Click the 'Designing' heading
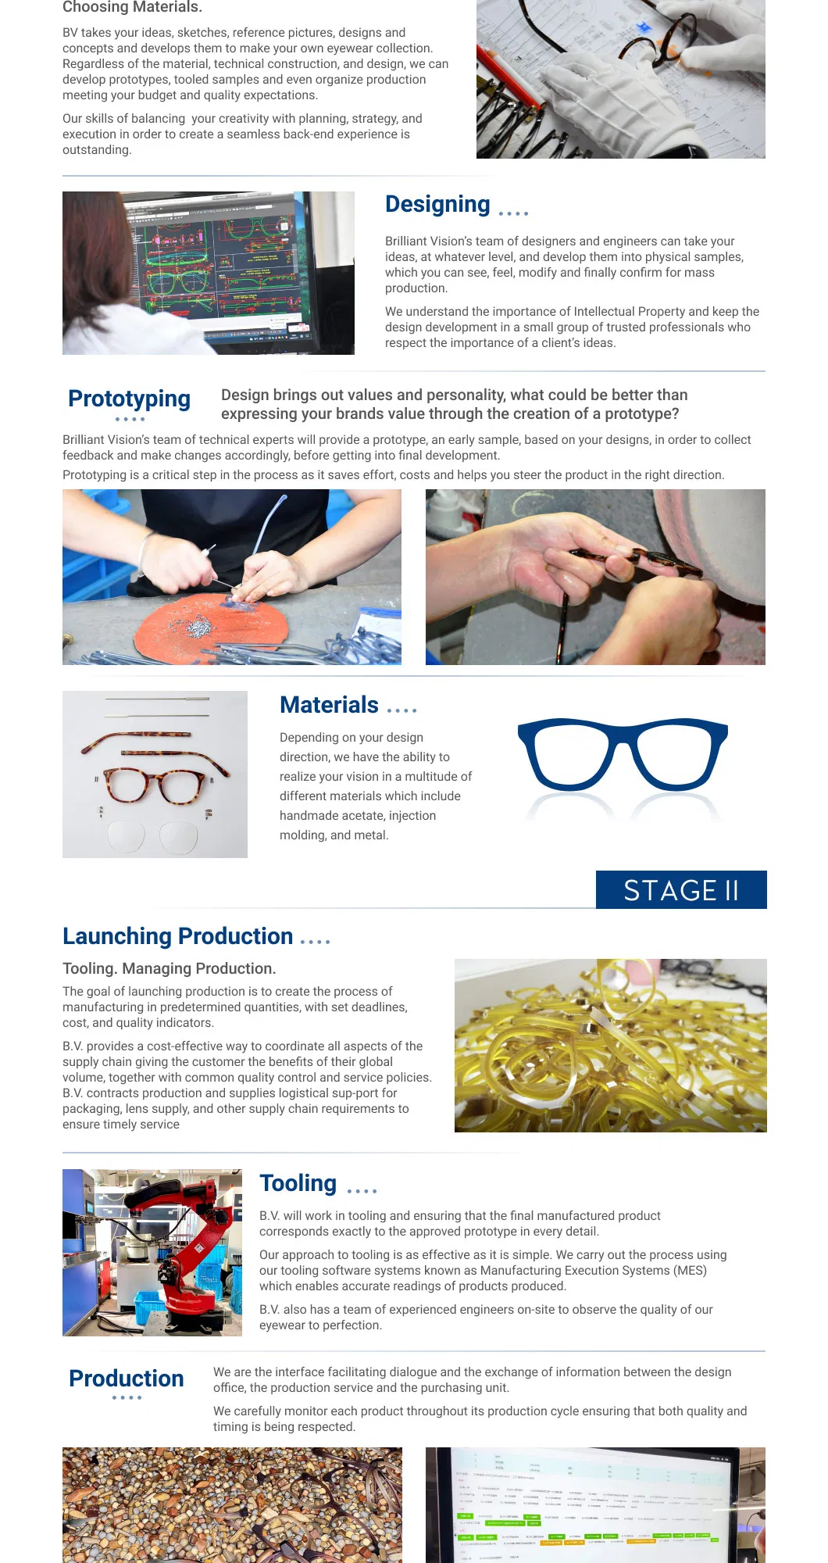(x=437, y=204)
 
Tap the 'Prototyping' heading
(x=129, y=399)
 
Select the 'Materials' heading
(x=329, y=705)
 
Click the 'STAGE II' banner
(x=681, y=890)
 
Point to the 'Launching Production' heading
(x=178, y=936)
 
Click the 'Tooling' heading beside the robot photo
(x=298, y=1183)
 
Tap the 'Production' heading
(x=127, y=1379)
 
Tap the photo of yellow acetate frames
(x=610, y=1046)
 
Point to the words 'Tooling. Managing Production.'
(x=170, y=968)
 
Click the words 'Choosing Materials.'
(x=132, y=8)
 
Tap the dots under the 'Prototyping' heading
(x=130, y=420)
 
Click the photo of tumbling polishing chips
(x=232, y=1504)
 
